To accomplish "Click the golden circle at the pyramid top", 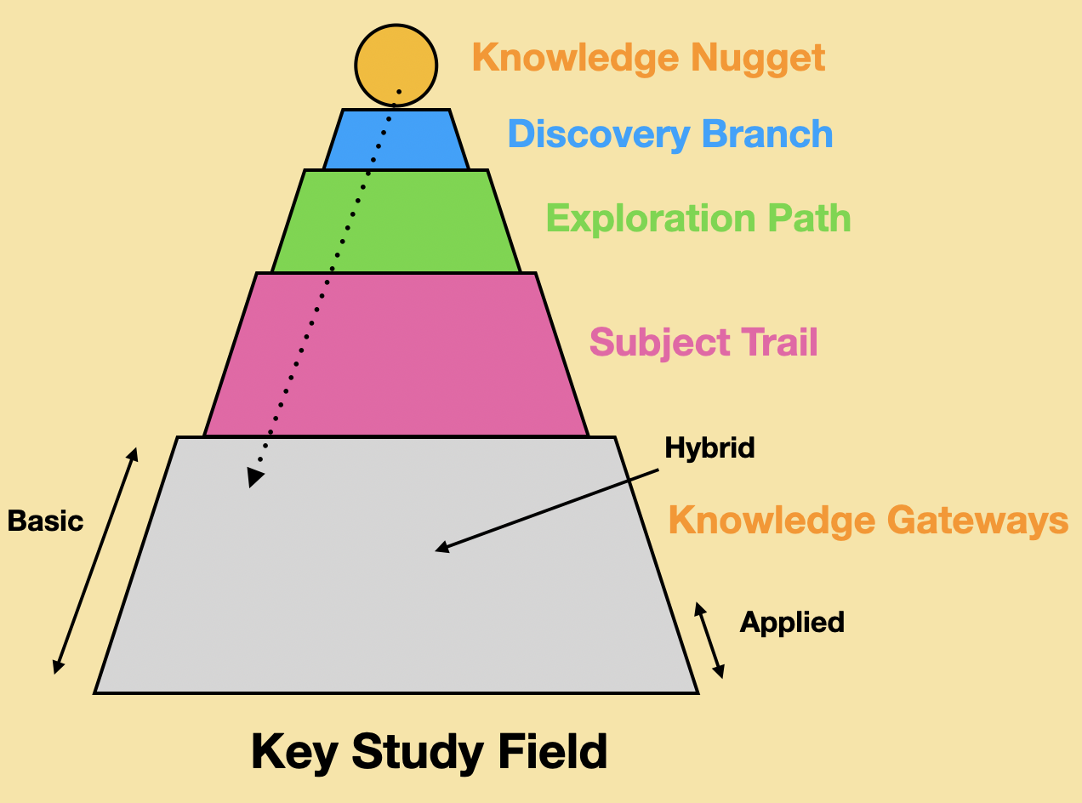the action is [x=396, y=65].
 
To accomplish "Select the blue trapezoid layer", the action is [x=396, y=140].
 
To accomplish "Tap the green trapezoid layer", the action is [x=396, y=221].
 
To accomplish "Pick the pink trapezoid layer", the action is [x=396, y=355].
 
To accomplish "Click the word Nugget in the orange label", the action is [x=758, y=59].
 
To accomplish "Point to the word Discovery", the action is [x=599, y=134].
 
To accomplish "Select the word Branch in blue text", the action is [x=767, y=134].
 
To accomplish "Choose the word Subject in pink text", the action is [x=659, y=343].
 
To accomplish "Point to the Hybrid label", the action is [x=709, y=447].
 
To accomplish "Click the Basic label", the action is [x=45, y=521].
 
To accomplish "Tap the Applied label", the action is [x=792, y=623].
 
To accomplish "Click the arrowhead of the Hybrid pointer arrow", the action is [x=441, y=547].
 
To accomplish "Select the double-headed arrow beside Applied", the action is [x=709, y=640].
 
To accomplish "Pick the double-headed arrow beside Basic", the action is [x=95, y=561].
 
